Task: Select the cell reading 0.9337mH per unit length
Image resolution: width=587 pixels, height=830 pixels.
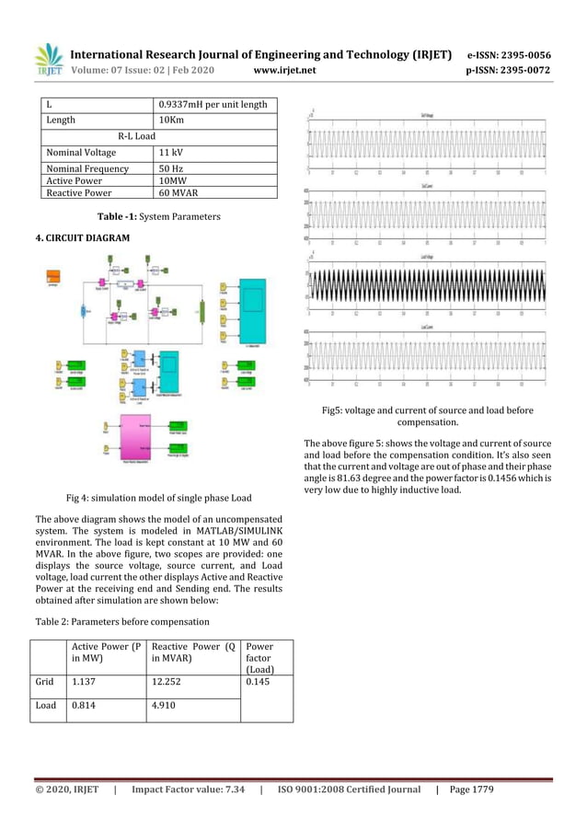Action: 213,104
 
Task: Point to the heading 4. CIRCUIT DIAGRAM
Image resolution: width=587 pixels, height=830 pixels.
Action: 83,238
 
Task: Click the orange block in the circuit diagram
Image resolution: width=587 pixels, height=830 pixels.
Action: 54,273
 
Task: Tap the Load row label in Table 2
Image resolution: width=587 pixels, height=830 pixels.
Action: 44,706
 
